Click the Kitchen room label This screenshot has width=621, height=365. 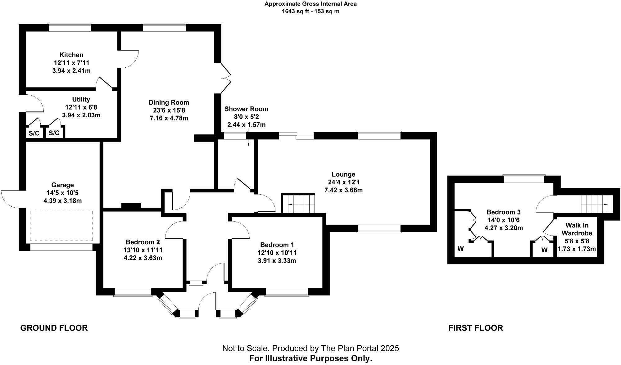[71, 55]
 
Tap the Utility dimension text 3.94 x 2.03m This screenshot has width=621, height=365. [81, 115]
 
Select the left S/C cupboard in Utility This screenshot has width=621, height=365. [34, 133]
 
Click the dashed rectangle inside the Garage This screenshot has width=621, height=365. [61, 226]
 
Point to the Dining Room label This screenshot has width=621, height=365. [169, 102]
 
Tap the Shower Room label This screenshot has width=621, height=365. [246, 109]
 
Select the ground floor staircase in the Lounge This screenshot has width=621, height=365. [298, 204]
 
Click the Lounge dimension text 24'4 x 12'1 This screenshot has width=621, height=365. [343, 182]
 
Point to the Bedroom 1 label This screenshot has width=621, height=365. [277, 245]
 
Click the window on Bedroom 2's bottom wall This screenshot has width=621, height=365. [133, 292]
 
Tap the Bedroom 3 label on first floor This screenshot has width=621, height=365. [503, 212]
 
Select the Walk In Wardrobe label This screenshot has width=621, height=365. [577, 229]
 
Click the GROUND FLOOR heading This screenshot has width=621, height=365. [54, 328]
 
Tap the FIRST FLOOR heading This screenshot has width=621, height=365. [475, 328]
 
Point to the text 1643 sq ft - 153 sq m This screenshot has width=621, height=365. [310, 11]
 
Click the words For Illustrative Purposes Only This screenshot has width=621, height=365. [310, 359]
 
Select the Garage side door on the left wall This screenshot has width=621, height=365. [11, 199]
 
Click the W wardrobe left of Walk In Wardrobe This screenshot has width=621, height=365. [544, 250]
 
